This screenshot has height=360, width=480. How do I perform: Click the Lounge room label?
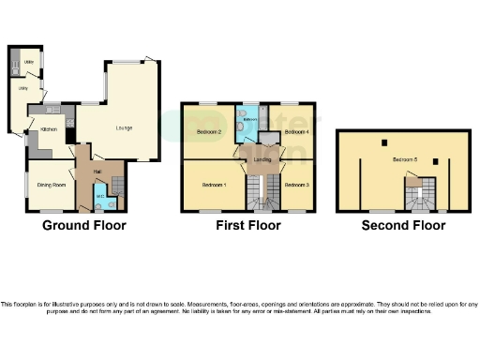coord(124,127)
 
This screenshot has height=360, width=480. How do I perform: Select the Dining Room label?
coord(50,186)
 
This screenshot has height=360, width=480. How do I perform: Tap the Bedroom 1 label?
coord(214,185)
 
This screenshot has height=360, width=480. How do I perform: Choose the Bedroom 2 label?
coord(208,133)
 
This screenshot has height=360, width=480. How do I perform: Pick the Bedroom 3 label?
coord(295,185)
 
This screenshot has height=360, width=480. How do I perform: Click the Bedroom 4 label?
coord(296,133)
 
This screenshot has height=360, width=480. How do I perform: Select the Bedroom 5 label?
coord(405,160)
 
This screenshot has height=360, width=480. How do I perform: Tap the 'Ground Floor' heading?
coord(83,226)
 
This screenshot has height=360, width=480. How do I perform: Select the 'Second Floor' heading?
coord(405,226)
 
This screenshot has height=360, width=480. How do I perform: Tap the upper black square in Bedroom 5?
coord(384,142)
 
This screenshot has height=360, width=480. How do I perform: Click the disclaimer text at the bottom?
coord(240,308)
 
